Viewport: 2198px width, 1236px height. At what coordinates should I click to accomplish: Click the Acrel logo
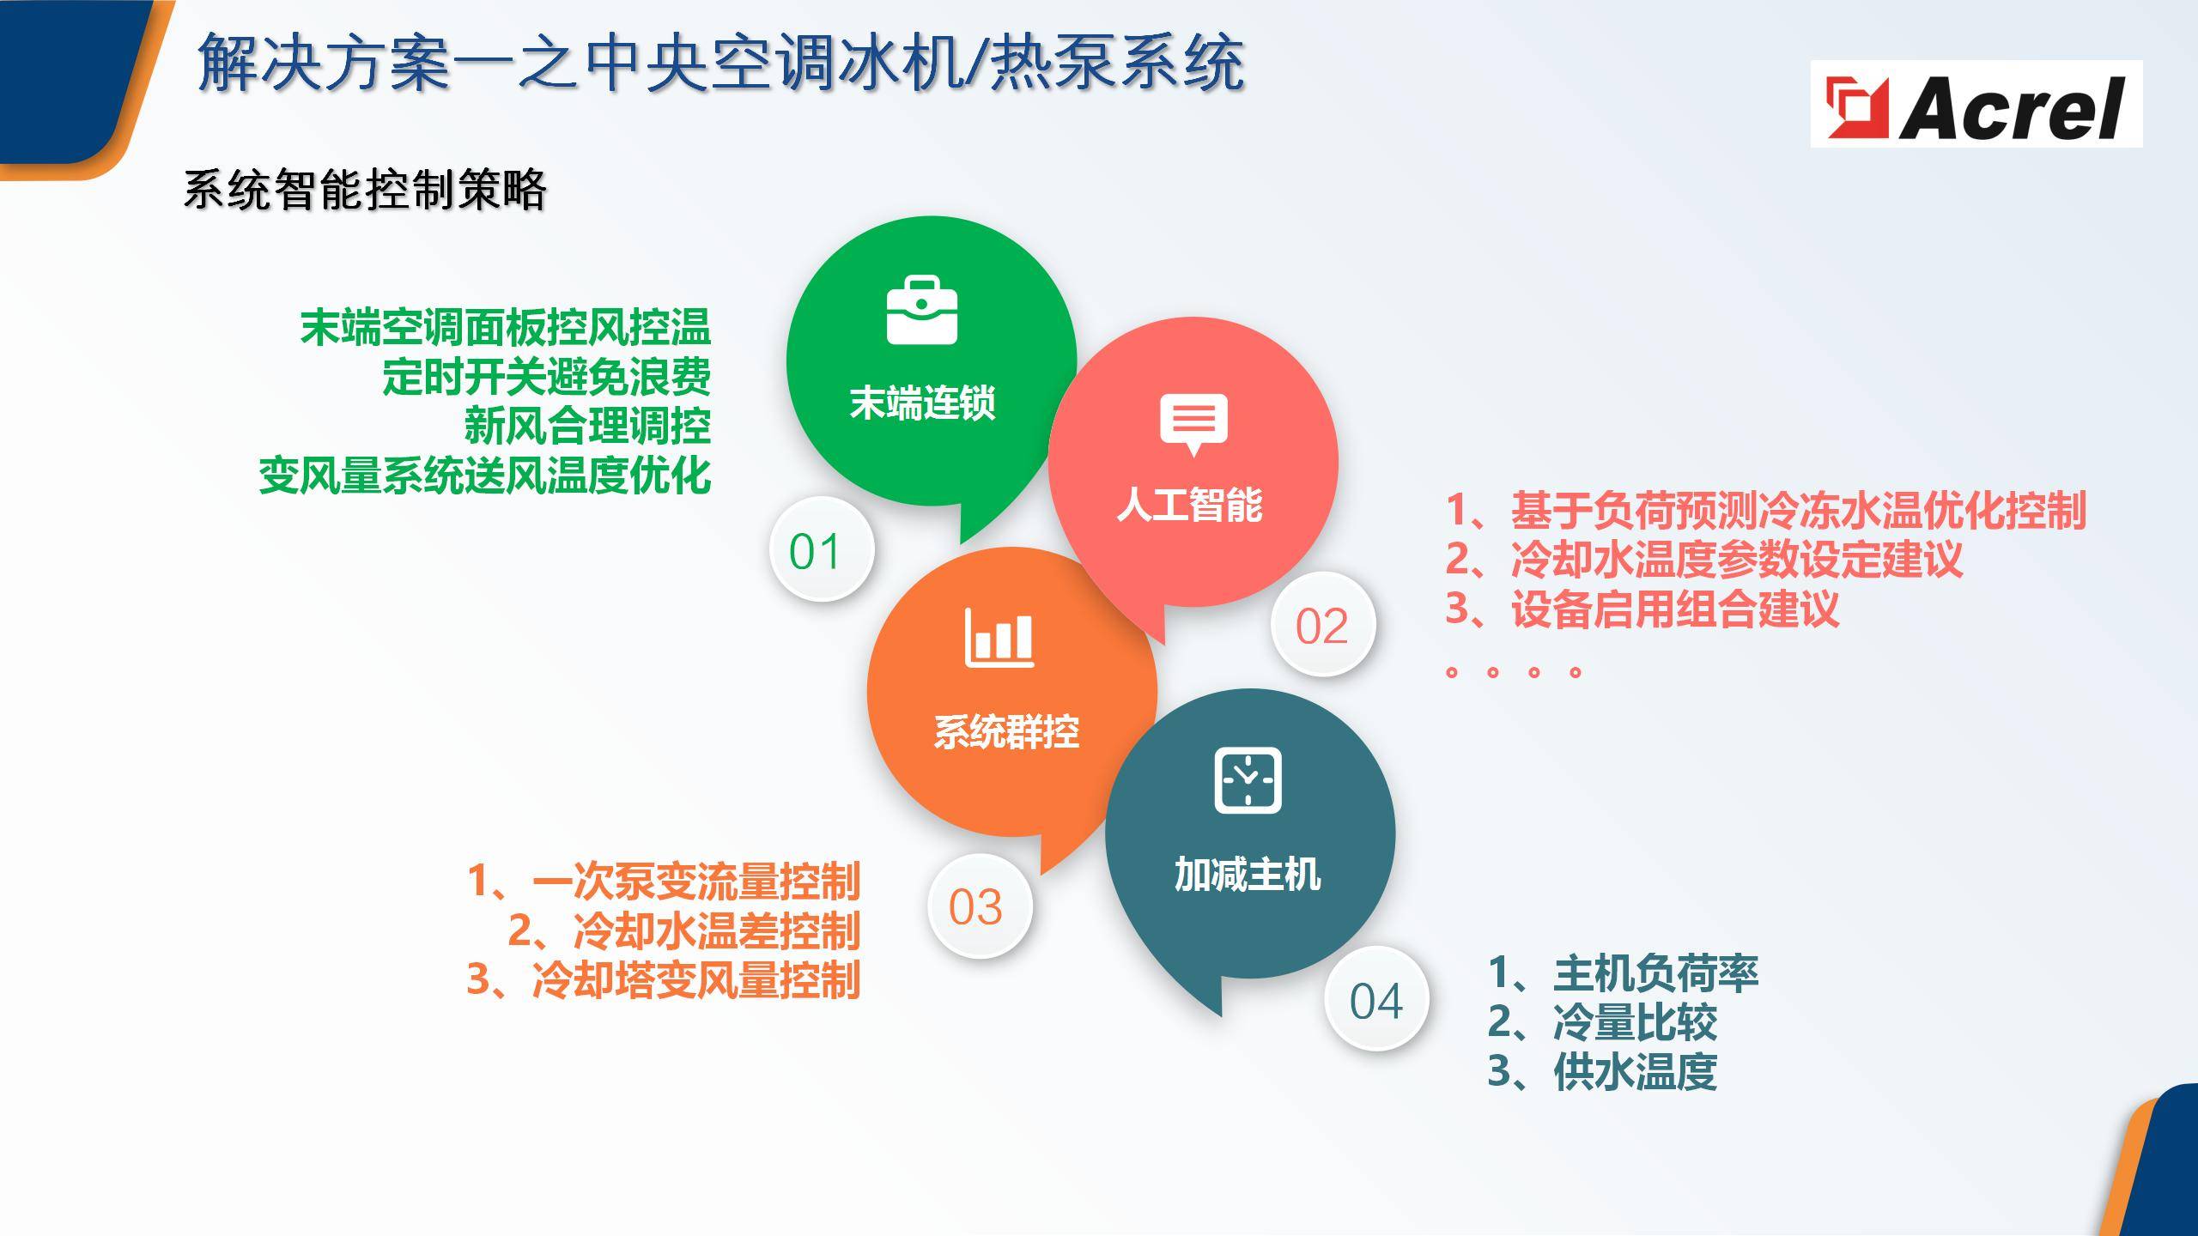(1976, 104)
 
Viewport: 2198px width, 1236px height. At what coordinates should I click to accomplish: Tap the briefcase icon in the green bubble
(922, 310)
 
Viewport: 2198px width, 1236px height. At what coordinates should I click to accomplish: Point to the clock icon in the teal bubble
(1248, 780)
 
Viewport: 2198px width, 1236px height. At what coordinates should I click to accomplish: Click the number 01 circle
(822, 549)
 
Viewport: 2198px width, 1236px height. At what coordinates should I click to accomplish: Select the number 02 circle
(1323, 625)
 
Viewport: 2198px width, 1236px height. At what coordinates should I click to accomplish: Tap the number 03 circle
(979, 906)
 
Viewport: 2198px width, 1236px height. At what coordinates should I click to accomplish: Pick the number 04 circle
(1376, 999)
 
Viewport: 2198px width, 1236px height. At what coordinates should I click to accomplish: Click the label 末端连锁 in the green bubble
(922, 403)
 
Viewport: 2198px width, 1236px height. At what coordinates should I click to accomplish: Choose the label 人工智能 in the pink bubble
(1189, 504)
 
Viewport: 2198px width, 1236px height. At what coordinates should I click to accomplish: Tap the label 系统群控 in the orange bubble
(1006, 732)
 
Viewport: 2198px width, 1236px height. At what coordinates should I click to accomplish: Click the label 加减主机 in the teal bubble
(1248, 875)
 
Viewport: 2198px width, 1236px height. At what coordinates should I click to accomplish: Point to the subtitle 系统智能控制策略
(365, 189)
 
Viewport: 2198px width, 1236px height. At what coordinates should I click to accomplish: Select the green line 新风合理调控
(587, 425)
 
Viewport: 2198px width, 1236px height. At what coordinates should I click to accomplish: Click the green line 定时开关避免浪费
(546, 376)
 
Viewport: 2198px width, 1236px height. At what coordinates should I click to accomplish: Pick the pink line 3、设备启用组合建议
(1642, 609)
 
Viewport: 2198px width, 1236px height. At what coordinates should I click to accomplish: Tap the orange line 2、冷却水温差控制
(684, 930)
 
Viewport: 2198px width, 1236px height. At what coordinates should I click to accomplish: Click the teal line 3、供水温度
(1602, 1070)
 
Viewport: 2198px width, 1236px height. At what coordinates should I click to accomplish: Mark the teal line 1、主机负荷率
(1623, 972)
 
